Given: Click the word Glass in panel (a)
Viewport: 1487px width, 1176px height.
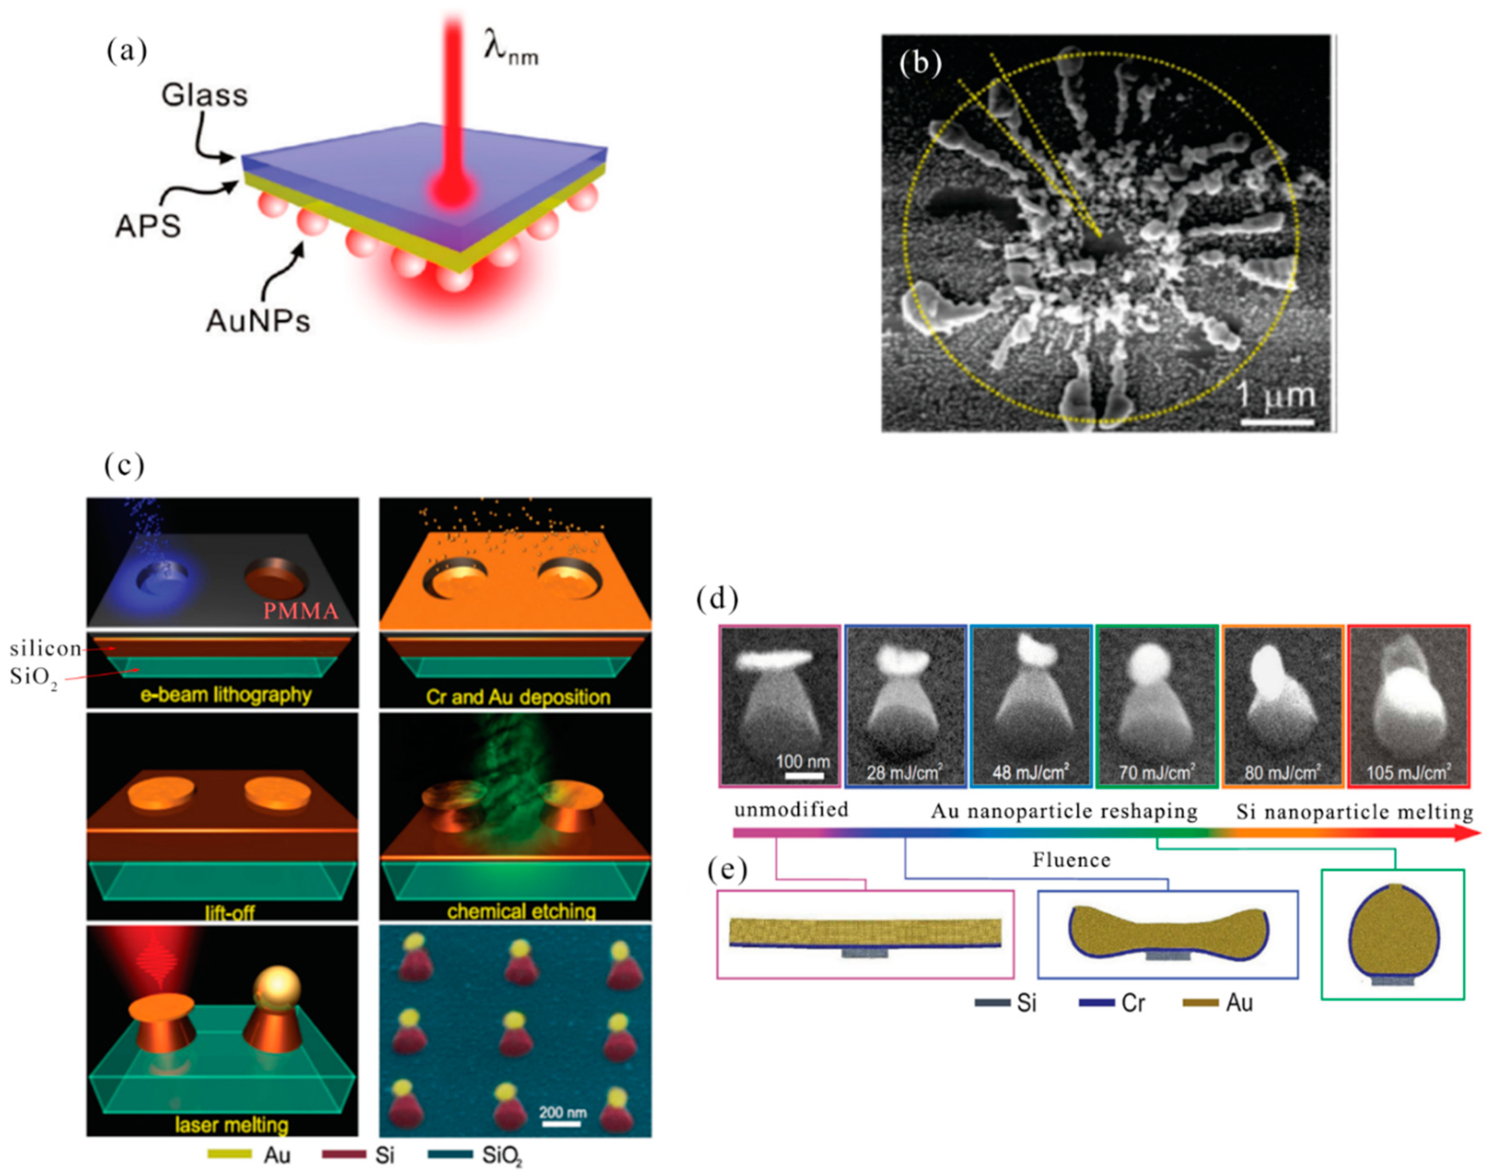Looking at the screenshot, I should [205, 95].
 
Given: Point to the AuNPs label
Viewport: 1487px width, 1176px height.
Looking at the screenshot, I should [258, 320].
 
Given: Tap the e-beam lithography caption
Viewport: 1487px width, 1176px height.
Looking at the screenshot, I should [226, 695].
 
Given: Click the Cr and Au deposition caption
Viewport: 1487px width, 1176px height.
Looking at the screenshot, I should [518, 697].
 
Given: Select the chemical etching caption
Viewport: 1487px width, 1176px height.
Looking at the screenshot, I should [521, 911].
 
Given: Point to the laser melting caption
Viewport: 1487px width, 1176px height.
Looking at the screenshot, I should [231, 1124].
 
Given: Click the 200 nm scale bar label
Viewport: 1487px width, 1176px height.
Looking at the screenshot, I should [562, 1112].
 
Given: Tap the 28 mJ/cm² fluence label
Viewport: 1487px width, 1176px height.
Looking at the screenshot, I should [904, 773].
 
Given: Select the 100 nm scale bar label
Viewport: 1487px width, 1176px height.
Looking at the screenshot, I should [802, 762].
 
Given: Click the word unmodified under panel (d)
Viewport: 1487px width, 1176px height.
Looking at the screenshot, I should [791, 809].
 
